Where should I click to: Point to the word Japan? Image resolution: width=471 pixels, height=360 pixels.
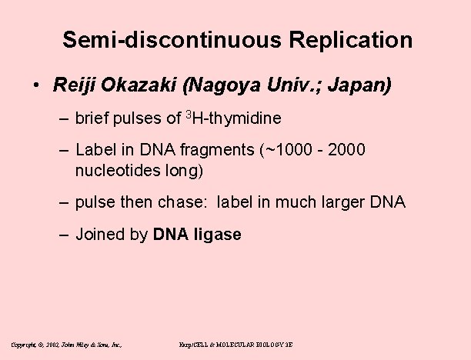click(361, 84)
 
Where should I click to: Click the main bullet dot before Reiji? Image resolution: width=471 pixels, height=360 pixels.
click(38, 85)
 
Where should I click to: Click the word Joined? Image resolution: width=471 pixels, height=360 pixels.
click(99, 235)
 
